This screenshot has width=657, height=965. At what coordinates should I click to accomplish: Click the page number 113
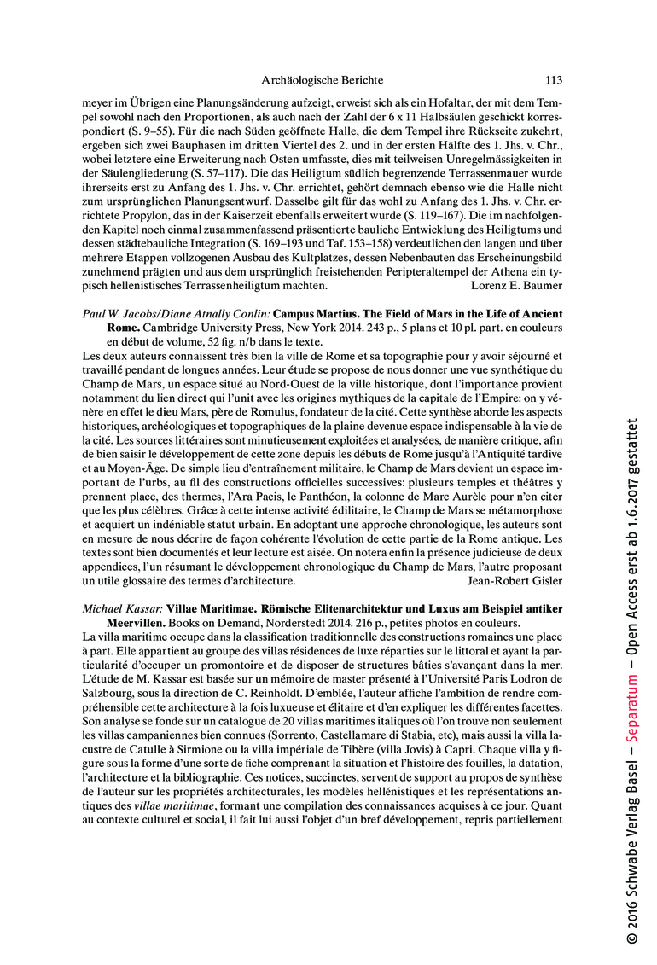pyautogui.click(x=554, y=81)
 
